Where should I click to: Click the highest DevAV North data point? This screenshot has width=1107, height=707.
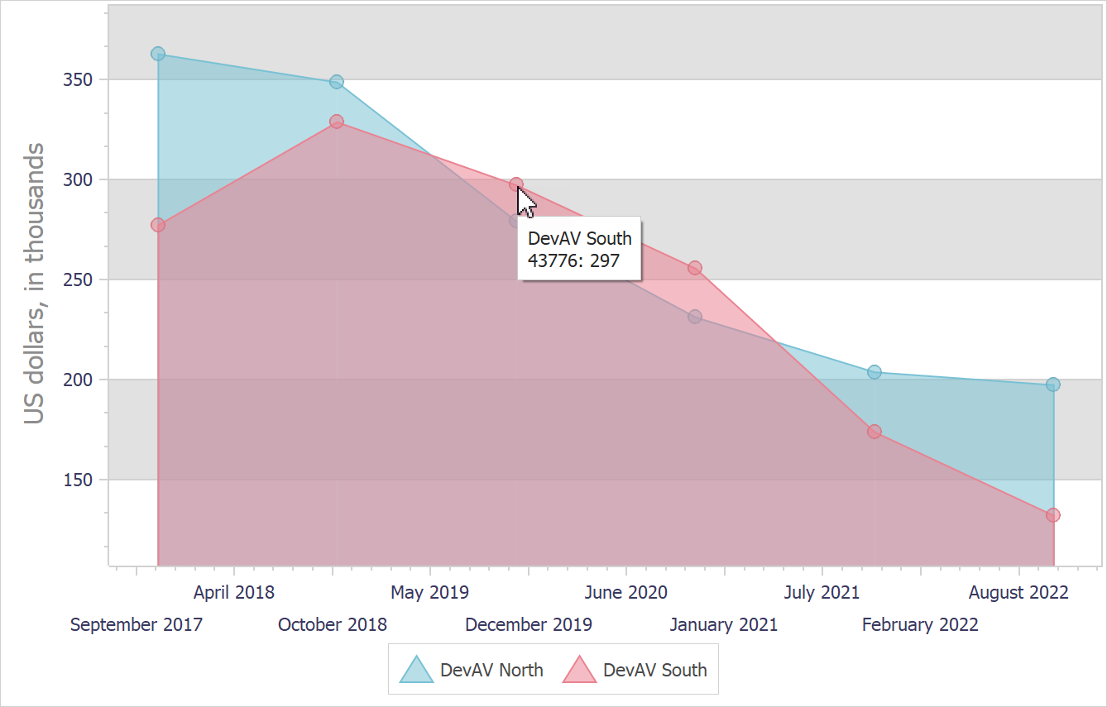(x=158, y=54)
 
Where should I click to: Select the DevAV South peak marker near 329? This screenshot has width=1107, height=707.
(x=337, y=122)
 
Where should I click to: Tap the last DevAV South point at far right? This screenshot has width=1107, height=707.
(x=1053, y=515)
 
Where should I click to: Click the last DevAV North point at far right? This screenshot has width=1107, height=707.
(x=1053, y=385)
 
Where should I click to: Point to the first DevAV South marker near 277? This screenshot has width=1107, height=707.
(x=158, y=225)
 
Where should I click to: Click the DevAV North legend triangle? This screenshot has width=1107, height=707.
(x=416, y=670)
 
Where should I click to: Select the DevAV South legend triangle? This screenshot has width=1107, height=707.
(x=579, y=670)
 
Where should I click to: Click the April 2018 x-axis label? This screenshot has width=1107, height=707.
(x=234, y=593)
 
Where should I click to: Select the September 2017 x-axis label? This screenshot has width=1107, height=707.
(x=137, y=625)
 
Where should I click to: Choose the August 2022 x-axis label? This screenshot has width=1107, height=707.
(x=1018, y=593)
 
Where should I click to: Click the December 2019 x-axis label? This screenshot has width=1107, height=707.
(x=529, y=625)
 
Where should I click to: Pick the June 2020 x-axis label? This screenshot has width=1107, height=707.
(x=625, y=593)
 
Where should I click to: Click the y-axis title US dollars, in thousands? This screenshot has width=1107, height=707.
(x=34, y=284)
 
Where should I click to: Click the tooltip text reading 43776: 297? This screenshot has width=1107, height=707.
(x=573, y=260)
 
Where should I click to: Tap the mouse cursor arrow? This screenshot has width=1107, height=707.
(x=525, y=201)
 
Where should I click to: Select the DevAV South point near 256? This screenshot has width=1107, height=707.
(x=695, y=268)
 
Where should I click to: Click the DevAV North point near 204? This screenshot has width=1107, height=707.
(x=875, y=372)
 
